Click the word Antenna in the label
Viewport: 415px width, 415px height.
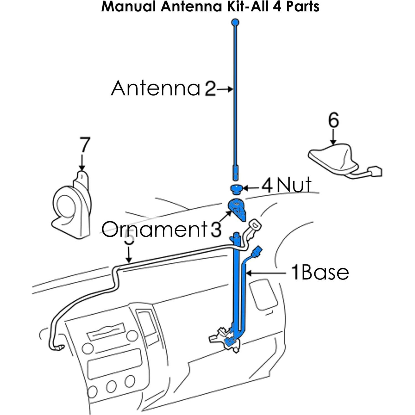pos(156,88)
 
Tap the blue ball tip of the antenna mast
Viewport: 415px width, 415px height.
pos(235,22)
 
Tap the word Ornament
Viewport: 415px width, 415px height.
pos(154,229)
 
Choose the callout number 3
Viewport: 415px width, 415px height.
pos(216,230)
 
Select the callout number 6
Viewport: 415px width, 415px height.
pos(333,121)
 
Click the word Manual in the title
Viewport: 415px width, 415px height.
pos(128,7)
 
